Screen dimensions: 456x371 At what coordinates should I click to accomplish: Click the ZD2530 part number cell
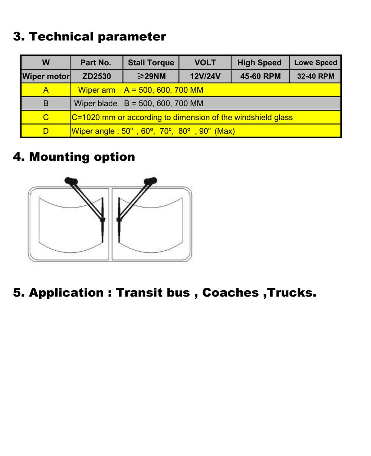(x=96, y=77)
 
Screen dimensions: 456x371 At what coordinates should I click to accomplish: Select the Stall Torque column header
(x=151, y=63)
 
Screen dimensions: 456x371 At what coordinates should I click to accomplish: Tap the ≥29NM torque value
(x=151, y=77)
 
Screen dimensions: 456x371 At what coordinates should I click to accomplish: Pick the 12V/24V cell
(x=205, y=77)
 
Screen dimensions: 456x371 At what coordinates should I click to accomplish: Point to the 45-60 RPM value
(x=260, y=77)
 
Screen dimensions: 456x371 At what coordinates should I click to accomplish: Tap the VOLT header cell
(x=205, y=63)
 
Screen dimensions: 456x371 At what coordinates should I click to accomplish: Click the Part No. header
(x=96, y=63)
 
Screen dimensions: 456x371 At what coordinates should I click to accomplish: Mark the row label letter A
(x=46, y=90)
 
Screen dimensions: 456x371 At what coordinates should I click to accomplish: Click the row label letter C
(x=46, y=118)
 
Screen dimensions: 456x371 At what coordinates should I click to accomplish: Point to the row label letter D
(x=46, y=131)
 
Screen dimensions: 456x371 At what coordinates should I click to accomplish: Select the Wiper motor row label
(x=46, y=77)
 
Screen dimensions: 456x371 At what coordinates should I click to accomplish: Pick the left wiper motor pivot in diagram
(x=70, y=181)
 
